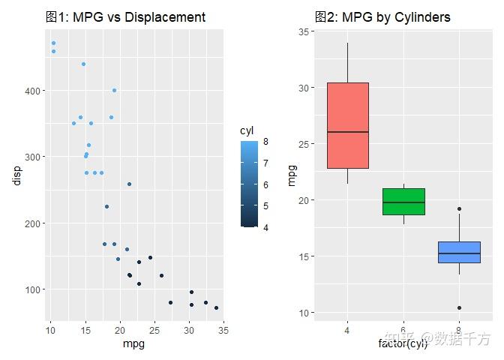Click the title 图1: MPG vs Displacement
click(124, 16)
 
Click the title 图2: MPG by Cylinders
click(382, 16)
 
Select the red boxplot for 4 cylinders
click(348, 125)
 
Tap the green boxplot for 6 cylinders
click(403, 201)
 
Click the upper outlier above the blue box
click(459, 209)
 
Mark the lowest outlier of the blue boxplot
click(459, 307)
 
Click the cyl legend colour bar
click(249, 183)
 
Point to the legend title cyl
click(247, 130)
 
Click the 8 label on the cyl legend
click(266, 141)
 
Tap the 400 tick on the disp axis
click(34, 91)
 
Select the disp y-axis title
click(16, 174)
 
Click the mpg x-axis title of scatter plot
click(133, 344)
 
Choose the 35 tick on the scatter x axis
click(223, 329)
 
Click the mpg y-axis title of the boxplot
click(292, 174)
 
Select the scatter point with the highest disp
click(53, 43)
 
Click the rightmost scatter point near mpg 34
click(216, 307)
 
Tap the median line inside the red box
click(348, 132)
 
